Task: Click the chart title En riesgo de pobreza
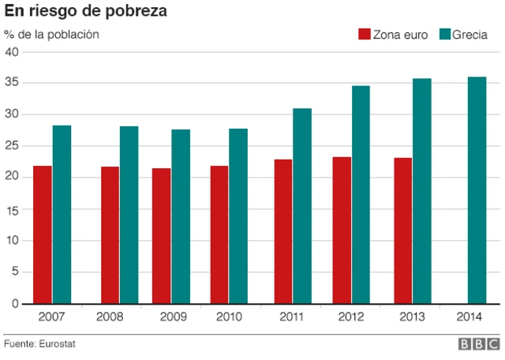(x=86, y=12)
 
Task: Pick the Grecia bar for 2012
(x=361, y=194)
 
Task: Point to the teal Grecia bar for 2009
(x=181, y=216)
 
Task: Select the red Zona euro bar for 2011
(x=282, y=231)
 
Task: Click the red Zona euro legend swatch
(x=365, y=35)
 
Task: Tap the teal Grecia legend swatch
(x=444, y=35)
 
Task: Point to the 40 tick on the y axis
(x=12, y=51)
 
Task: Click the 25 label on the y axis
(x=12, y=146)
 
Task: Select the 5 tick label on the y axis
(x=15, y=272)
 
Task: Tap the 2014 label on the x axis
(x=471, y=317)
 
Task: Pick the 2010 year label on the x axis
(x=229, y=317)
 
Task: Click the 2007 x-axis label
(x=52, y=317)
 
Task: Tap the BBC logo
(x=478, y=345)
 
